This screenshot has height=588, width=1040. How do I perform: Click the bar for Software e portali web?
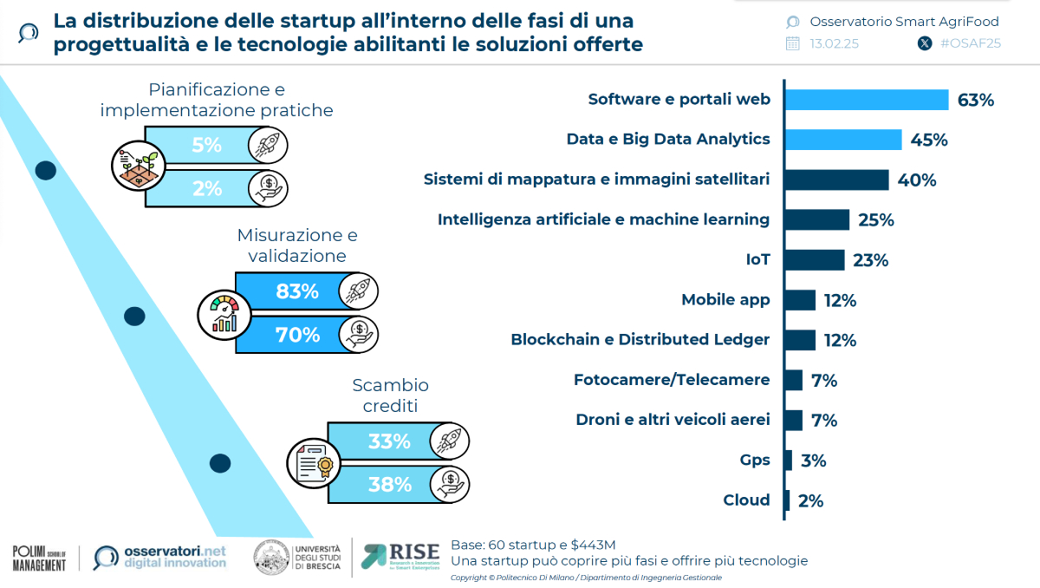(867, 100)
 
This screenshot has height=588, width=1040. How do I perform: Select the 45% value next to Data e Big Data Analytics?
(928, 140)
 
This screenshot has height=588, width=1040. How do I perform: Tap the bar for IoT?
(816, 260)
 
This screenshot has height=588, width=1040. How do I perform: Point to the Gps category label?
(755, 461)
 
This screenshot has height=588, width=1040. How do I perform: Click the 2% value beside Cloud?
(811, 500)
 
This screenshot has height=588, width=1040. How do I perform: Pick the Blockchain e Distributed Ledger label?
(640, 340)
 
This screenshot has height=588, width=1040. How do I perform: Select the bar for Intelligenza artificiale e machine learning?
(818, 220)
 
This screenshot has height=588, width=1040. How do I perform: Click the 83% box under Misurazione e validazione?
(296, 292)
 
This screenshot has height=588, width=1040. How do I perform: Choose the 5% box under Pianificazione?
(206, 146)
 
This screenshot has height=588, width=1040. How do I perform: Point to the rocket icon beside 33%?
(450, 441)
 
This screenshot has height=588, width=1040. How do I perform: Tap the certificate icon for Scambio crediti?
(314, 463)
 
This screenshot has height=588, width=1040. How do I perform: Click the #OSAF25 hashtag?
(970, 43)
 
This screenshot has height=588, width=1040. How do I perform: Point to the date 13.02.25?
(834, 43)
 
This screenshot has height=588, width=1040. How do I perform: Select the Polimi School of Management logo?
(39, 558)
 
